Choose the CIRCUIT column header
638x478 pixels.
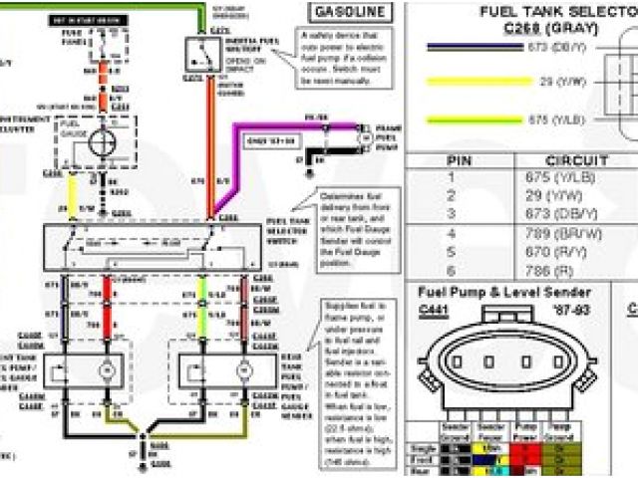click(x=576, y=160)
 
